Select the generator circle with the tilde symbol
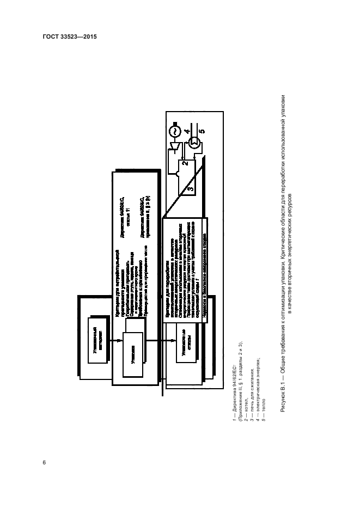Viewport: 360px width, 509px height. coord(176,132)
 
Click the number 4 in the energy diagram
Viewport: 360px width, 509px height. coord(186,130)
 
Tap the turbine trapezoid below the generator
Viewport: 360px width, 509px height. coord(175,147)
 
